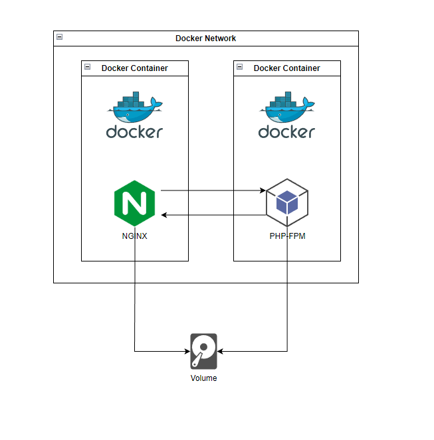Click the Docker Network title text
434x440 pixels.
(205, 38)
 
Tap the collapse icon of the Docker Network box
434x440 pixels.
(59, 37)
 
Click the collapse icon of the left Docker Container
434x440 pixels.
(87, 67)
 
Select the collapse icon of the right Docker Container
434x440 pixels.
(239, 67)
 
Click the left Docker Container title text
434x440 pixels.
(134, 68)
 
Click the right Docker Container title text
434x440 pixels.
(286, 68)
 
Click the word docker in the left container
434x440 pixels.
(134, 131)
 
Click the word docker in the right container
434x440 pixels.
(286, 131)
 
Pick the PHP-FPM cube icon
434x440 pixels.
(286, 202)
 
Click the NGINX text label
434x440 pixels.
(134, 236)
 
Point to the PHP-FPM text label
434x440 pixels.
(287, 236)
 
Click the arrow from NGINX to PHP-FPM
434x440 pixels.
(213, 190)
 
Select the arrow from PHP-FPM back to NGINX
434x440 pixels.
(213, 215)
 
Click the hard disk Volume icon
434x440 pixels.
(203, 351)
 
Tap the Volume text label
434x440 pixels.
(203, 378)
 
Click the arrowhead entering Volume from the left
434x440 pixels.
(187, 351)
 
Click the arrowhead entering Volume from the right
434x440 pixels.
(221, 351)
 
